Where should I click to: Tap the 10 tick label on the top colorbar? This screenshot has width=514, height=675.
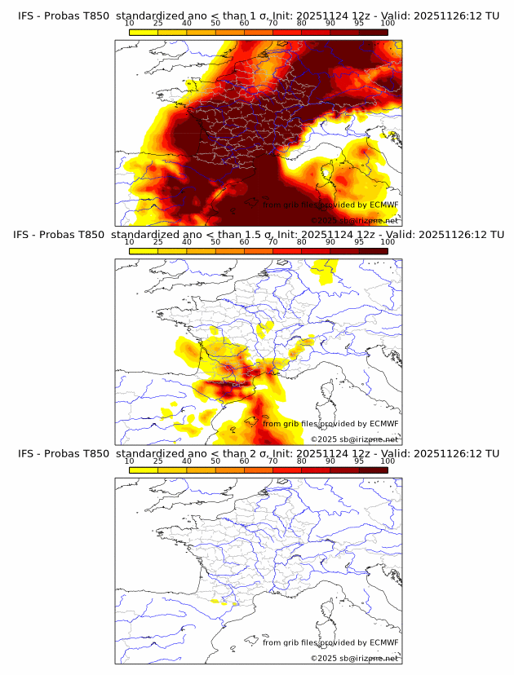pyautogui.click(x=130, y=24)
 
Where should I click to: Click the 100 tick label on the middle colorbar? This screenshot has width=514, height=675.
pyautogui.click(x=388, y=242)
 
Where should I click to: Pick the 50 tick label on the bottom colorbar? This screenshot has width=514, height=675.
pyautogui.click(x=215, y=461)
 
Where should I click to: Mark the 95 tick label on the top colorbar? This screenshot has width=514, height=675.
pyautogui.click(x=359, y=24)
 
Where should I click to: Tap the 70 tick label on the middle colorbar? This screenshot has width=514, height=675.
pyautogui.click(x=273, y=242)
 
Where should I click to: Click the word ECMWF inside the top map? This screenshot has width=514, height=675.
pyautogui.click(x=383, y=205)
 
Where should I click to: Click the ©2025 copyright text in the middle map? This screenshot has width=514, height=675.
pyautogui.click(x=323, y=439)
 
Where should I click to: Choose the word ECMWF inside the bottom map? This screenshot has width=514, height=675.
pyautogui.click(x=383, y=642)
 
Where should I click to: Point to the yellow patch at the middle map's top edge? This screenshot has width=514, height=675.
pyautogui.click(x=326, y=268)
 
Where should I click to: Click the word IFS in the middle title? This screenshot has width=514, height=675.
pyautogui.click(x=25, y=235)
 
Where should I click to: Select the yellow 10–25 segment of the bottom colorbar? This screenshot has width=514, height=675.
pyautogui.click(x=144, y=470)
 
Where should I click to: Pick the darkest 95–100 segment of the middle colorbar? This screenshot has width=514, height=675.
pyautogui.click(x=373, y=251)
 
